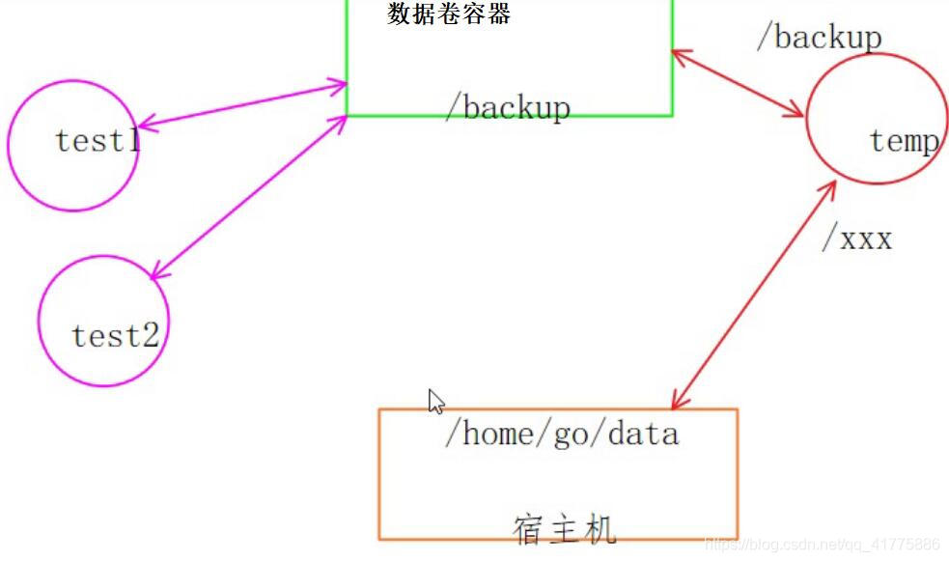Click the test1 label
(x=98, y=141)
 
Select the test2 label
(x=115, y=336)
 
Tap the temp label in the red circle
(x=904, y=141)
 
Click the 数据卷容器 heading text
(x=449, y=14)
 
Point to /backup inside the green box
(x=508, y=107)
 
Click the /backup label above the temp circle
(x=819, y=37)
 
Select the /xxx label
(x=856, y=239)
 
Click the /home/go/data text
(x=561, y=434)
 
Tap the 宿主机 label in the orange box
(x=564, y=529)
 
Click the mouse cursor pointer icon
(x=435, y=402)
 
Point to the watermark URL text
(x=822, y=546)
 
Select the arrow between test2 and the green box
(x=248, y=198)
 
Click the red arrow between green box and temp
(x=738, y=83)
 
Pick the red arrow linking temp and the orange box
(x=753, y=295)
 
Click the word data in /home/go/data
(x=643, y=434)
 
